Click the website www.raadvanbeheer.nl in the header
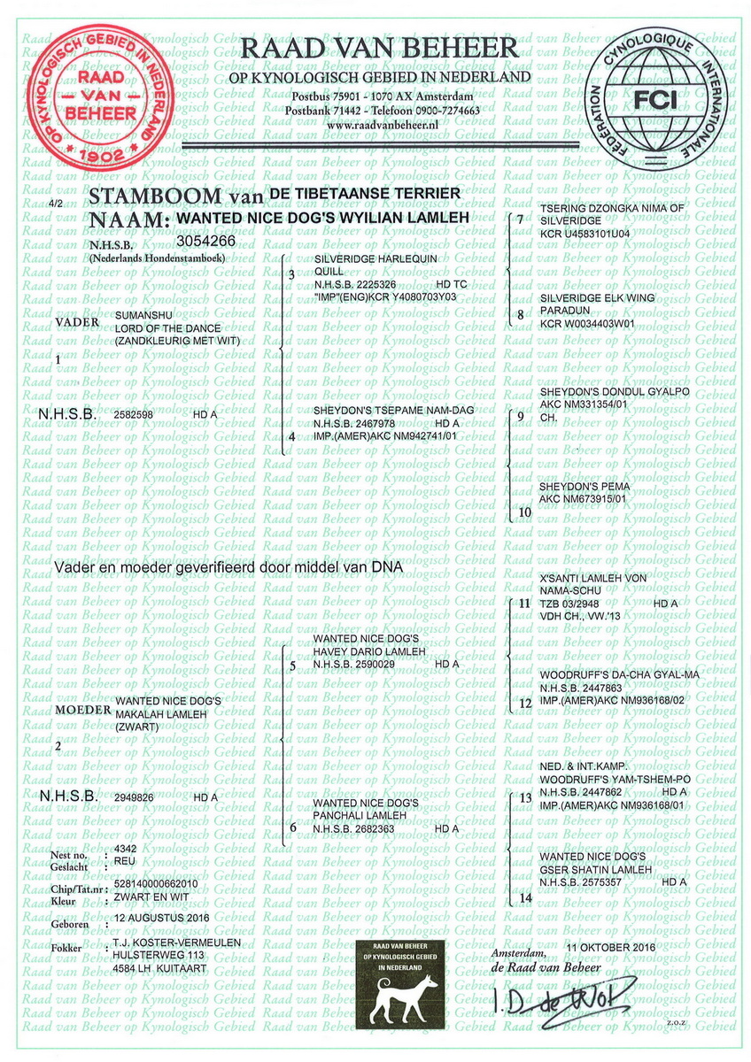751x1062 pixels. pyautogui.click(x=383, y=127)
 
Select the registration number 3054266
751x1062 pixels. pyautogui.click(x=205, y=240)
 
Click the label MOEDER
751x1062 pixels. pyautogui.click(x=83, y=711)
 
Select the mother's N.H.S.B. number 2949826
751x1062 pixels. pyautogui.click(x=133, y=796)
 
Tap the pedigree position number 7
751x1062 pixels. pyautogui.click(x=520, y=219)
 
